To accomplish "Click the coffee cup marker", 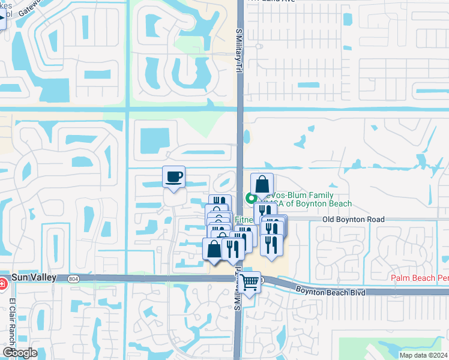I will coord(173,177).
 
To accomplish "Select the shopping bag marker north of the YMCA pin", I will coord(262,184).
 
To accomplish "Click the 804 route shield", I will coord(73,278).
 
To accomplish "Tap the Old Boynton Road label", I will coord(353,220).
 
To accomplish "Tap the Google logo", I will coord(20,353).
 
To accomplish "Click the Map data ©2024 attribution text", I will coord(423,355).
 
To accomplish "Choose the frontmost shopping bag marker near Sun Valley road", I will coord(214,249).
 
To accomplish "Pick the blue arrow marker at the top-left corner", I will coord(2,22).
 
